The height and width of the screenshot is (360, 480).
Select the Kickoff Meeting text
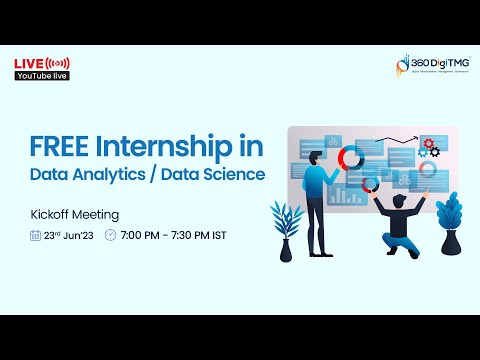click(x=75, y=214)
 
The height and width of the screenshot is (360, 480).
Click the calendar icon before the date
click(x=35, y=236)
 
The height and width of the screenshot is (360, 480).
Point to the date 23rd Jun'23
click(x=69, y=236)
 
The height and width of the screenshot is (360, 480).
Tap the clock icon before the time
click(x=110, y=236)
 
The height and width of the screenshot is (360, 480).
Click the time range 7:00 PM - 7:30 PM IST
click(x=174, y=236)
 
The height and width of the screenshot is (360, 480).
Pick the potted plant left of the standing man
click(x=286, y=230)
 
